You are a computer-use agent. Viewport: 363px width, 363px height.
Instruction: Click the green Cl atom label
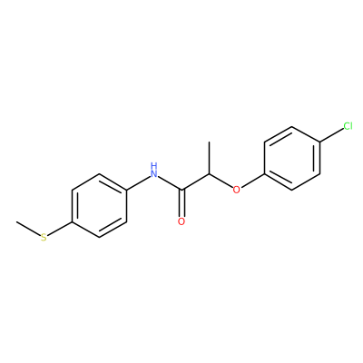click(x=348, y=126)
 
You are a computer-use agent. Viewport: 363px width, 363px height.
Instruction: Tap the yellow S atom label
click(x=44, y=238)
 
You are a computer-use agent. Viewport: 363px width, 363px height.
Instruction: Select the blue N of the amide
click(x=154, y=173)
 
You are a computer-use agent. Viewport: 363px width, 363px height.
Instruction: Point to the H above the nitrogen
click(x=154, y=165)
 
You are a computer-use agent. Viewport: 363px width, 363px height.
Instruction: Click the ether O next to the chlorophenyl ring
click(x=237, y=190)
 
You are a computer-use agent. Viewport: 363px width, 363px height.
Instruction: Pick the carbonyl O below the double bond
click(x=181, y=221)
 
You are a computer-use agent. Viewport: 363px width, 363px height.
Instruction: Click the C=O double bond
click(x=181, y=203)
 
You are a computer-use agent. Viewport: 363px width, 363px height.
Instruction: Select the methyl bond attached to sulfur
click(x=28, y=228)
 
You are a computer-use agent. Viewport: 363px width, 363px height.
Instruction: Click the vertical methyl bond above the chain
click(x=209, y=158)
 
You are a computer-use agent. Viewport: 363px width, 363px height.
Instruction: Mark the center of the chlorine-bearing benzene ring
click(x=292, y=158)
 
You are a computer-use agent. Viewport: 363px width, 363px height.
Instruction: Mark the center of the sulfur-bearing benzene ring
click(x=99, y=206)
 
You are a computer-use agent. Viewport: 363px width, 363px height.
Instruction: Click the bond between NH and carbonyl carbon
click(x=171, y=183)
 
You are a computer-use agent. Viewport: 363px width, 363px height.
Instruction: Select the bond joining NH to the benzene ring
click(x=138, y=183)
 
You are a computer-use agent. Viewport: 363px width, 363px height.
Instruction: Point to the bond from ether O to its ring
click(x=253, y=181)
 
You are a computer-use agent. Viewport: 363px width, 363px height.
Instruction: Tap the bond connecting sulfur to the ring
click(x=60, y=229)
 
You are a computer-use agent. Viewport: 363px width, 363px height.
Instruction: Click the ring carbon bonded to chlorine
click(x=320, y=142)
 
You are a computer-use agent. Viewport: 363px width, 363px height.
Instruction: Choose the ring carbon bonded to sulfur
click(x=72, y=221)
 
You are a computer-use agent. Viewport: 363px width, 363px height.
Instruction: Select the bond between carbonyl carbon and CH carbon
click(x=195, y=182)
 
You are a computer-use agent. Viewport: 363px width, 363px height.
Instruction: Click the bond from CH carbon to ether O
click(x=221, y=181)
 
